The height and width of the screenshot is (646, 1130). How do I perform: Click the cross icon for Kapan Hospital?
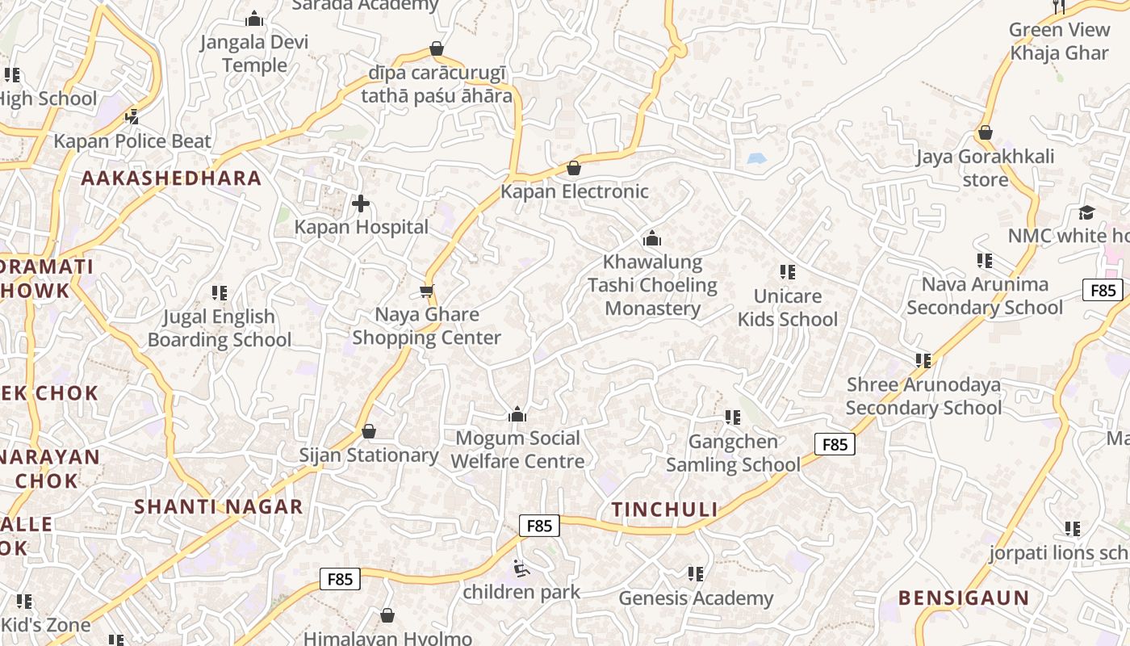361,203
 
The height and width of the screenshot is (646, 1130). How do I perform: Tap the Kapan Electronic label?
575,191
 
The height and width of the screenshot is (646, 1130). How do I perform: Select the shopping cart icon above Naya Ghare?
427,291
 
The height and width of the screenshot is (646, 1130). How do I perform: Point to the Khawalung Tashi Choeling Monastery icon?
652,238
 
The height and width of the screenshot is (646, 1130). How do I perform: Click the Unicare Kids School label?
788,308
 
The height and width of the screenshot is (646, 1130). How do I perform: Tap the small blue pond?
756,159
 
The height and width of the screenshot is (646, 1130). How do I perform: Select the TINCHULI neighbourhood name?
664,510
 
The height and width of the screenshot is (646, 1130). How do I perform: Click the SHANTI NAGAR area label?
218,507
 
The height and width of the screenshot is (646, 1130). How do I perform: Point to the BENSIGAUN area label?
964,598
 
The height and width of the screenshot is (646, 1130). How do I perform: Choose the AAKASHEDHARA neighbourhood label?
172,178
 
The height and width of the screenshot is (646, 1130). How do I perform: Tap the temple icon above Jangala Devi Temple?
254,19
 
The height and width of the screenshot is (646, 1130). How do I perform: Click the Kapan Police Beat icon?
132,117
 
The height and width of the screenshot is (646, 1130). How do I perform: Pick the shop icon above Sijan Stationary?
369,432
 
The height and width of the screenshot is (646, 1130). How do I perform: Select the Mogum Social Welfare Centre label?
517,450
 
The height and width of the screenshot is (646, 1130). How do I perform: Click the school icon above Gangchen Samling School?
733,417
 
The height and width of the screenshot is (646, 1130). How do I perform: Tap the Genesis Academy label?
696,598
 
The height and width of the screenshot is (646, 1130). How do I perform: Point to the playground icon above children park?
521,569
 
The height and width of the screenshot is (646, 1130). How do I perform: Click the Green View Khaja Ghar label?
1059,41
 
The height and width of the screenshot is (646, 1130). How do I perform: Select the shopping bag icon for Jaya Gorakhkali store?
985,132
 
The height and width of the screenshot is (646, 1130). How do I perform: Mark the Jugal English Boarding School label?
219,328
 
